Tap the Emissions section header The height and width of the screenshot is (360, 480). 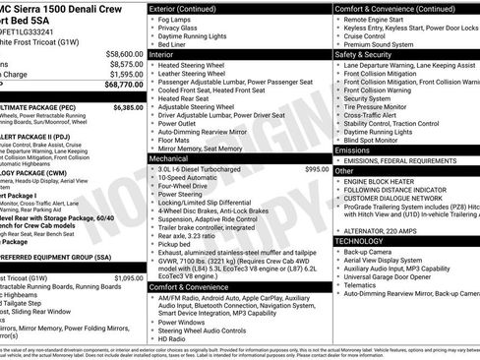tap(356, 150)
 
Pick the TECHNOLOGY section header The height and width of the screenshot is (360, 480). tap(360, 240)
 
